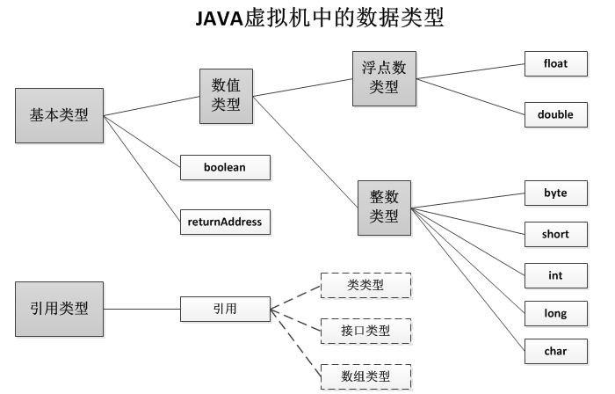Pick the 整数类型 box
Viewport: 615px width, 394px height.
384,207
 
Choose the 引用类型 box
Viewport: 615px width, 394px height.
59,309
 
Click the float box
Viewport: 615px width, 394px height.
555,64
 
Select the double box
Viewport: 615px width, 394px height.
555,114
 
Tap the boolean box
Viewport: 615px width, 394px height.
224,167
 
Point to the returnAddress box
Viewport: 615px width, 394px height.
224,222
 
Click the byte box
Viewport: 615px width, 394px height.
555,193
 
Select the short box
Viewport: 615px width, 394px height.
555,235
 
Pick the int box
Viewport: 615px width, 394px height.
555,275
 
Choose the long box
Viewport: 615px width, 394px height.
555,313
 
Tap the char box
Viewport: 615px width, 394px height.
555,352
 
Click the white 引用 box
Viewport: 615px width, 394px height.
224,309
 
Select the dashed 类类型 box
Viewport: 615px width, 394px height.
365,285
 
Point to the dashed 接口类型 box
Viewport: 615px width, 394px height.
365,331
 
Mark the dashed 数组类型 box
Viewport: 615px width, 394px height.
365,376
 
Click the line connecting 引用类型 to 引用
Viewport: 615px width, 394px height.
142,309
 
